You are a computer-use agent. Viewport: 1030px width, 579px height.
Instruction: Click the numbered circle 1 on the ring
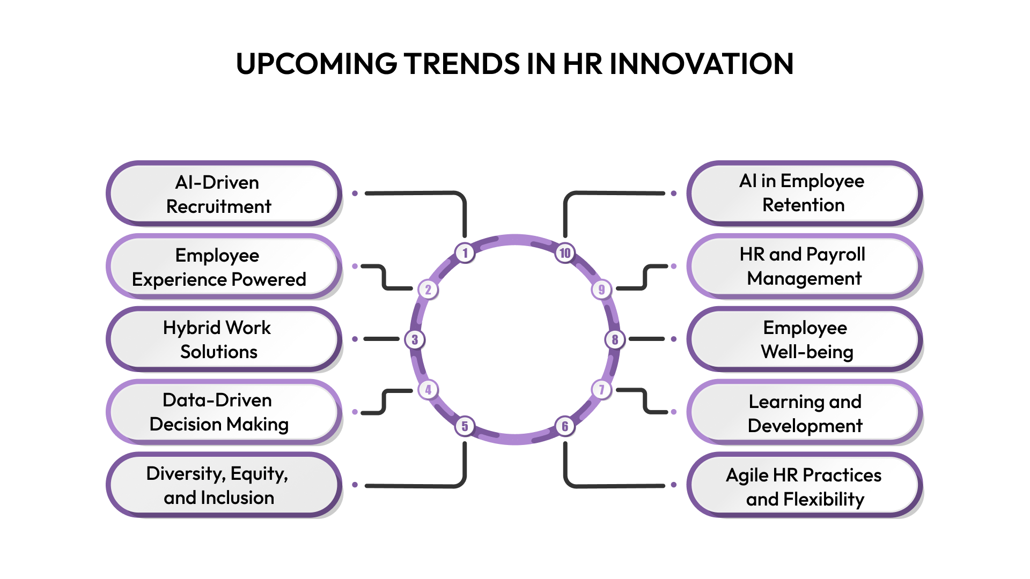point(465,253)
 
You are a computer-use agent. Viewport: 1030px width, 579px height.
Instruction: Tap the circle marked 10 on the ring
point(565,253)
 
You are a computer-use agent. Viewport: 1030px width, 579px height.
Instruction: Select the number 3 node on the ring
point(415,339)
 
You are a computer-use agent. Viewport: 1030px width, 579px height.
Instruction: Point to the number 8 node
point(615,339)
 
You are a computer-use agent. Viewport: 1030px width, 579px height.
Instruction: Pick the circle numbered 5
point(465,426)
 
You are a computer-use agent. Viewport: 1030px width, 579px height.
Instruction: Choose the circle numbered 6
point(565,426)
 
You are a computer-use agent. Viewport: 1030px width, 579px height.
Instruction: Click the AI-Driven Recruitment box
point(223,194)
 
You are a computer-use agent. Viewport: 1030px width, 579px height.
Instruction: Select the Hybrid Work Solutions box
point(223,339)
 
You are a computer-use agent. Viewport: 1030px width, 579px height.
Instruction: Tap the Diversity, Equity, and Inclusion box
point(223,485)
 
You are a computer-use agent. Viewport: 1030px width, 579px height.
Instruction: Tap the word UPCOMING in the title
point(317,64)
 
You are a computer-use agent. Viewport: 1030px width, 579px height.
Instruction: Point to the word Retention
point(803,205)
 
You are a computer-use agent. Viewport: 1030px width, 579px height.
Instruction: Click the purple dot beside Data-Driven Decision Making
point(355,412)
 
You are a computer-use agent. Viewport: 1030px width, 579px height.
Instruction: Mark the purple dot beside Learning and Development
point(674,412)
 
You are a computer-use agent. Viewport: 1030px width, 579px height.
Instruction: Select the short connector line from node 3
point(381,339)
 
